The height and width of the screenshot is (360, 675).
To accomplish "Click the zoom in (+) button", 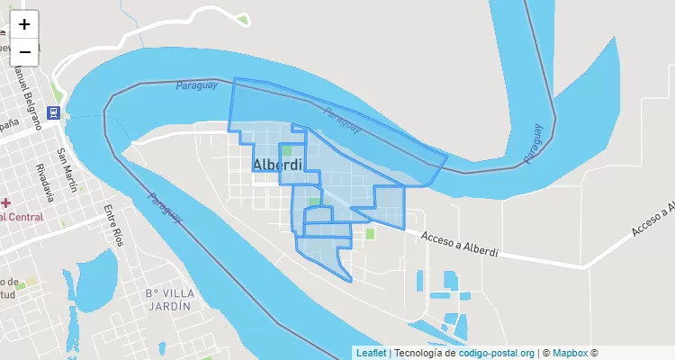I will pos(24,24).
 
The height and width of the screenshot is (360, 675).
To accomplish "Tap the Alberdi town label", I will pos(278,166).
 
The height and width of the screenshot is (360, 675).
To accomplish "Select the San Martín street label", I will pos(67,170).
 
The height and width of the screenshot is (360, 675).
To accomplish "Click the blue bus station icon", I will pos(54,112).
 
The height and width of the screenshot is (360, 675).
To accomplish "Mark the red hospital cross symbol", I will pos(5,202).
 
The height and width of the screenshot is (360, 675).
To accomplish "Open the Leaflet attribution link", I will pos(371,354).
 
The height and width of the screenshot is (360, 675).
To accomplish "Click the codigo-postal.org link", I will pos(497,354).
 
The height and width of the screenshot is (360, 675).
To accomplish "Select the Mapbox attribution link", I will pos(570,354).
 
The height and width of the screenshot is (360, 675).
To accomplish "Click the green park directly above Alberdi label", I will pos(286,150).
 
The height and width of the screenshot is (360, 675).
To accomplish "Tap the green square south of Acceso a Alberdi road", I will pos(370,234).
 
